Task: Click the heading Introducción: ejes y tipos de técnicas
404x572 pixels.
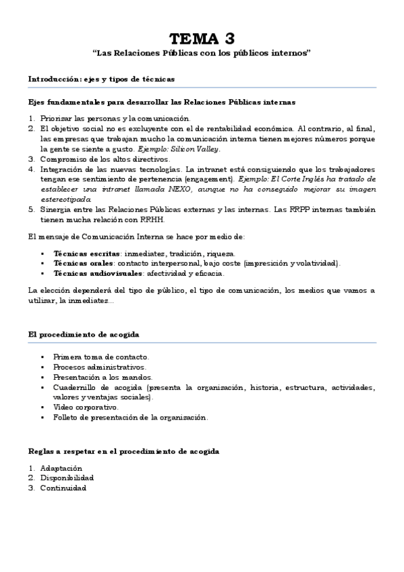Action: (101, 79)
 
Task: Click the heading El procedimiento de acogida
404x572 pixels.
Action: (84, 334)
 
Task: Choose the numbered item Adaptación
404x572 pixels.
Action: (61, 467)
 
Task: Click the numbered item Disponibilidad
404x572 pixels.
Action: (66, 478)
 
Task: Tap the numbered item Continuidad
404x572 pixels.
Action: (63, 488)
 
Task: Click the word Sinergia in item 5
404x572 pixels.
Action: (56, 209)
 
